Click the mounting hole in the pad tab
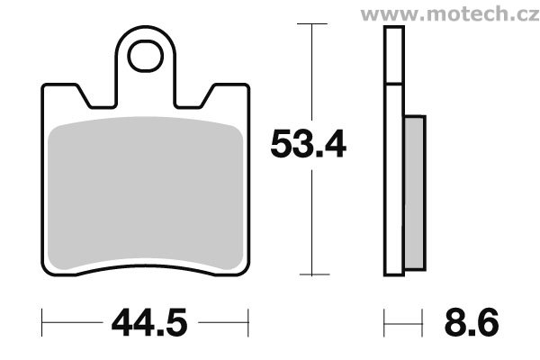tap(145, 56)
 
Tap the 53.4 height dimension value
tap(308, 144)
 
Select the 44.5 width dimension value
tap(149, 323)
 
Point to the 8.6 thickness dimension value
tap(472, 323)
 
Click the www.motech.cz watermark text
tap(450, 14)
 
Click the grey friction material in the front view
tap(145, 193)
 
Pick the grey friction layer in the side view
tap(415, 193)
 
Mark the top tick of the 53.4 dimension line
tap(312, 23)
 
